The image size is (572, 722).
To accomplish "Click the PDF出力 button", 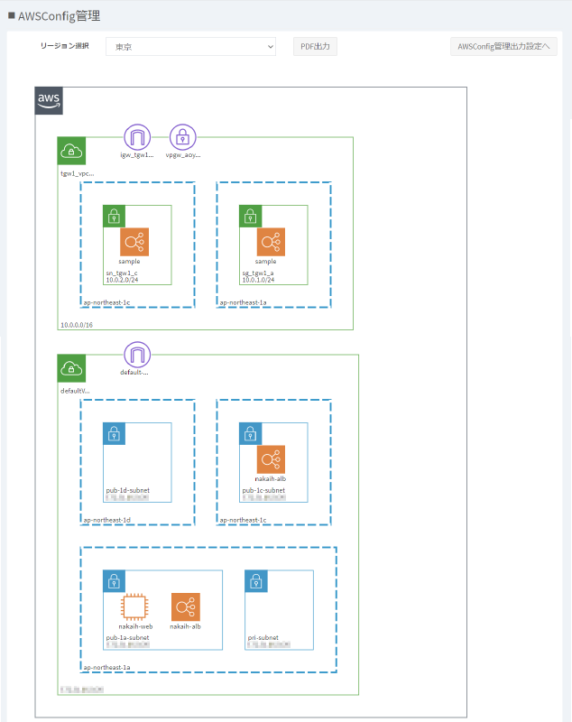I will click(315, 47).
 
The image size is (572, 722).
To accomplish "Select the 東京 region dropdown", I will click(190, 47).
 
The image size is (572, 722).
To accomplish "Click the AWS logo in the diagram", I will click(49, 101).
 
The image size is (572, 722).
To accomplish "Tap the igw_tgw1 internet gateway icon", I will click(137, 137).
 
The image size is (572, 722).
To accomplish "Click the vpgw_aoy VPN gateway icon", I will click(183, 137).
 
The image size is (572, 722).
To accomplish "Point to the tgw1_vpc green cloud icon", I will click(71, 151).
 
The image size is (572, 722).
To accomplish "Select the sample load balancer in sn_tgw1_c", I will click(134, 242).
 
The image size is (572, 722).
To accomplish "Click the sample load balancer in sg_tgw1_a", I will click(271, 242).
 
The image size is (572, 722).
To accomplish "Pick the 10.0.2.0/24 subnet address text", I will click(122, 280).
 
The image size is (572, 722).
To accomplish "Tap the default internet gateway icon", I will click(137, 354).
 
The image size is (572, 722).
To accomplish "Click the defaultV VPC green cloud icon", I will click(71, 368).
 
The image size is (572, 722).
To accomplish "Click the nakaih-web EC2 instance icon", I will click(134, 607).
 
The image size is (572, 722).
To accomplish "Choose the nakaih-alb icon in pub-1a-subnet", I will click(186, 607).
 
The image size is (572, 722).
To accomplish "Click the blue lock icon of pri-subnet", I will click(255, 581).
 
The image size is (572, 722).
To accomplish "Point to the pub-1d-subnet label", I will click(128, 490).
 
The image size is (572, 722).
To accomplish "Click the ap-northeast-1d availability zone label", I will click(107, 520).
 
